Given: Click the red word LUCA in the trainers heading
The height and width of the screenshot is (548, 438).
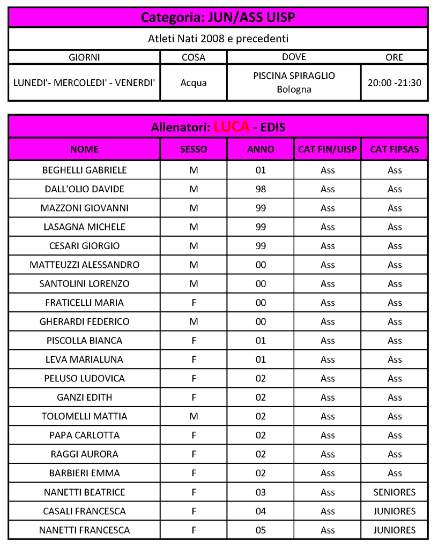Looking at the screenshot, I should point(232,127).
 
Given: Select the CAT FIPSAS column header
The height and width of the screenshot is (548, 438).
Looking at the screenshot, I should point(395,149).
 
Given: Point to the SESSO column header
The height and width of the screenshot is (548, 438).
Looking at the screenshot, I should point(194,149).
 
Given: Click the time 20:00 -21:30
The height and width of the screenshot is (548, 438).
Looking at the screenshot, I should point(395,82).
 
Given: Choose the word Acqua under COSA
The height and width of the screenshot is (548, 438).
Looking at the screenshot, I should point(194,82).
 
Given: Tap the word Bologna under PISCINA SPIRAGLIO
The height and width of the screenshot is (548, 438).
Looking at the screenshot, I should point(294,89).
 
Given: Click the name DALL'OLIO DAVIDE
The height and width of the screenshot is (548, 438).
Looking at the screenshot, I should point(84,189).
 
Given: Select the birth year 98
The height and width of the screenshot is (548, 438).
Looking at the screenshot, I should point(261,189).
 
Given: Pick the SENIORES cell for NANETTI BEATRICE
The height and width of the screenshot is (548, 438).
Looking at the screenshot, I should point(395,492).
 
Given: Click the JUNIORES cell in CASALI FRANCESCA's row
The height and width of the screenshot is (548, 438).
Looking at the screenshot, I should point(395,511).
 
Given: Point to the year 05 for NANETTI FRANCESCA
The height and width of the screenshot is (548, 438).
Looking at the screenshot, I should point(261,530).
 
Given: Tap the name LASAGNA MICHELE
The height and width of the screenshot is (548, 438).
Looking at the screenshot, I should point(84,227).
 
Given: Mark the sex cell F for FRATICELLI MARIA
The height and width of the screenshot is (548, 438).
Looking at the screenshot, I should point(194,303).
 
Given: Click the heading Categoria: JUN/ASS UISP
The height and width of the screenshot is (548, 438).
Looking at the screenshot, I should point(218,18).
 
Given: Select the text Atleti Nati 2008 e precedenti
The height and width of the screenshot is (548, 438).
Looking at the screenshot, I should point(218,39).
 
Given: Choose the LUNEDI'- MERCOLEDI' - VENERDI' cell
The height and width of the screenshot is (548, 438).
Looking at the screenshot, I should point(84,82).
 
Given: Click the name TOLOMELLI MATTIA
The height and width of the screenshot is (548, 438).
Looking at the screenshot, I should point(84,416).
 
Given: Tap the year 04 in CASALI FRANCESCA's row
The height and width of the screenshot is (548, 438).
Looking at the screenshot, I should point(261,511).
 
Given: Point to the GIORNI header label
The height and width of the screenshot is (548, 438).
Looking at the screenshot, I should point(84,57).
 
